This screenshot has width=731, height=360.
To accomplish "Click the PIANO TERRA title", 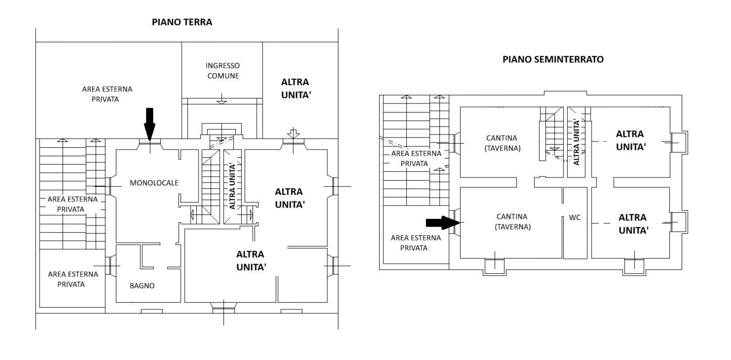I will [182, 22].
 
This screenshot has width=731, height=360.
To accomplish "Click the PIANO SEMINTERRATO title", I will [553, 59].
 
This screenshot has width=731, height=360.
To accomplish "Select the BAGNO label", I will [142, 285].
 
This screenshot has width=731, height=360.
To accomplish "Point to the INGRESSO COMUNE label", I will [222, 71].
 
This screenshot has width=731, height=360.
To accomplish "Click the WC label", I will [575, 218].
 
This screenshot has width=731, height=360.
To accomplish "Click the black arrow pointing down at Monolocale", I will [150, 123].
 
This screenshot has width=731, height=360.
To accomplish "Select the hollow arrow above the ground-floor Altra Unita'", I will [292, 132].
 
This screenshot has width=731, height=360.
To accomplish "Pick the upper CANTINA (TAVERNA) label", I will [502, 143].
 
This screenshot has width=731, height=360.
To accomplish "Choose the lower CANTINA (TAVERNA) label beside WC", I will [512, 222].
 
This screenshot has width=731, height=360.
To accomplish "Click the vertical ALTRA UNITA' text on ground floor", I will [231, 186].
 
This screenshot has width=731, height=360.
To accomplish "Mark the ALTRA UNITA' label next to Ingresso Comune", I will [295, 89].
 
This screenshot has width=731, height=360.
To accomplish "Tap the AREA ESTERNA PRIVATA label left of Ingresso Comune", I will [107, 94].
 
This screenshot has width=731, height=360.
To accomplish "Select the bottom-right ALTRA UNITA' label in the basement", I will [632, 224].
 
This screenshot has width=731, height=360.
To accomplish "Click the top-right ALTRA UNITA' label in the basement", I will [630, 140].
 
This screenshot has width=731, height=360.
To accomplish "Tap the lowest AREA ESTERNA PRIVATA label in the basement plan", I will [416, 242].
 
